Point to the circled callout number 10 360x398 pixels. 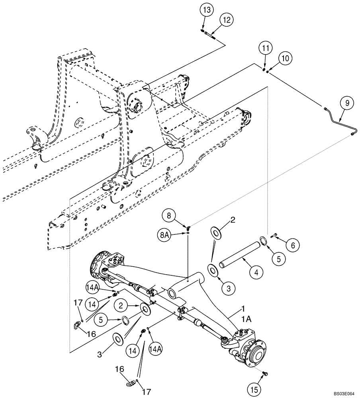pos(285,59)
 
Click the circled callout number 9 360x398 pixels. pos(347,103)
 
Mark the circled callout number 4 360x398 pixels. pos(256,273)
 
